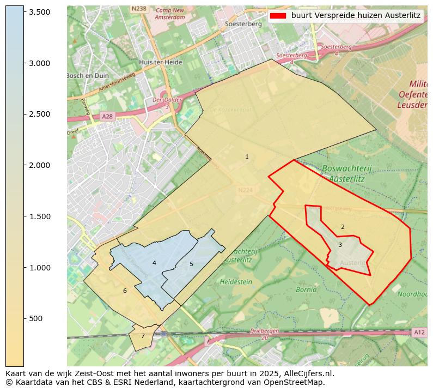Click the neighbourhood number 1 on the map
[x=247, y=157]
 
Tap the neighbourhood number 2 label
[x=343, y=227]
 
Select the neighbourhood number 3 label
[x=340, y=245]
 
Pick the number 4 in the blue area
[x=154, y=263]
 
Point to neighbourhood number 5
[x=191, y=264]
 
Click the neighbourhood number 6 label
[x=125, y=291]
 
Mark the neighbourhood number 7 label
[x=143, y=336]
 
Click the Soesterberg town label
[x=243, y=25]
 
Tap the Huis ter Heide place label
[x=160, y=62]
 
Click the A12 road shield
[x=418, y=333]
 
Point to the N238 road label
[x=139, y=9]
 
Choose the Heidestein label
[x=236, y=282]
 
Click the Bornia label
[x=306, y=290]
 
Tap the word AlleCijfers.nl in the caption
[x=306, y=373]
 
